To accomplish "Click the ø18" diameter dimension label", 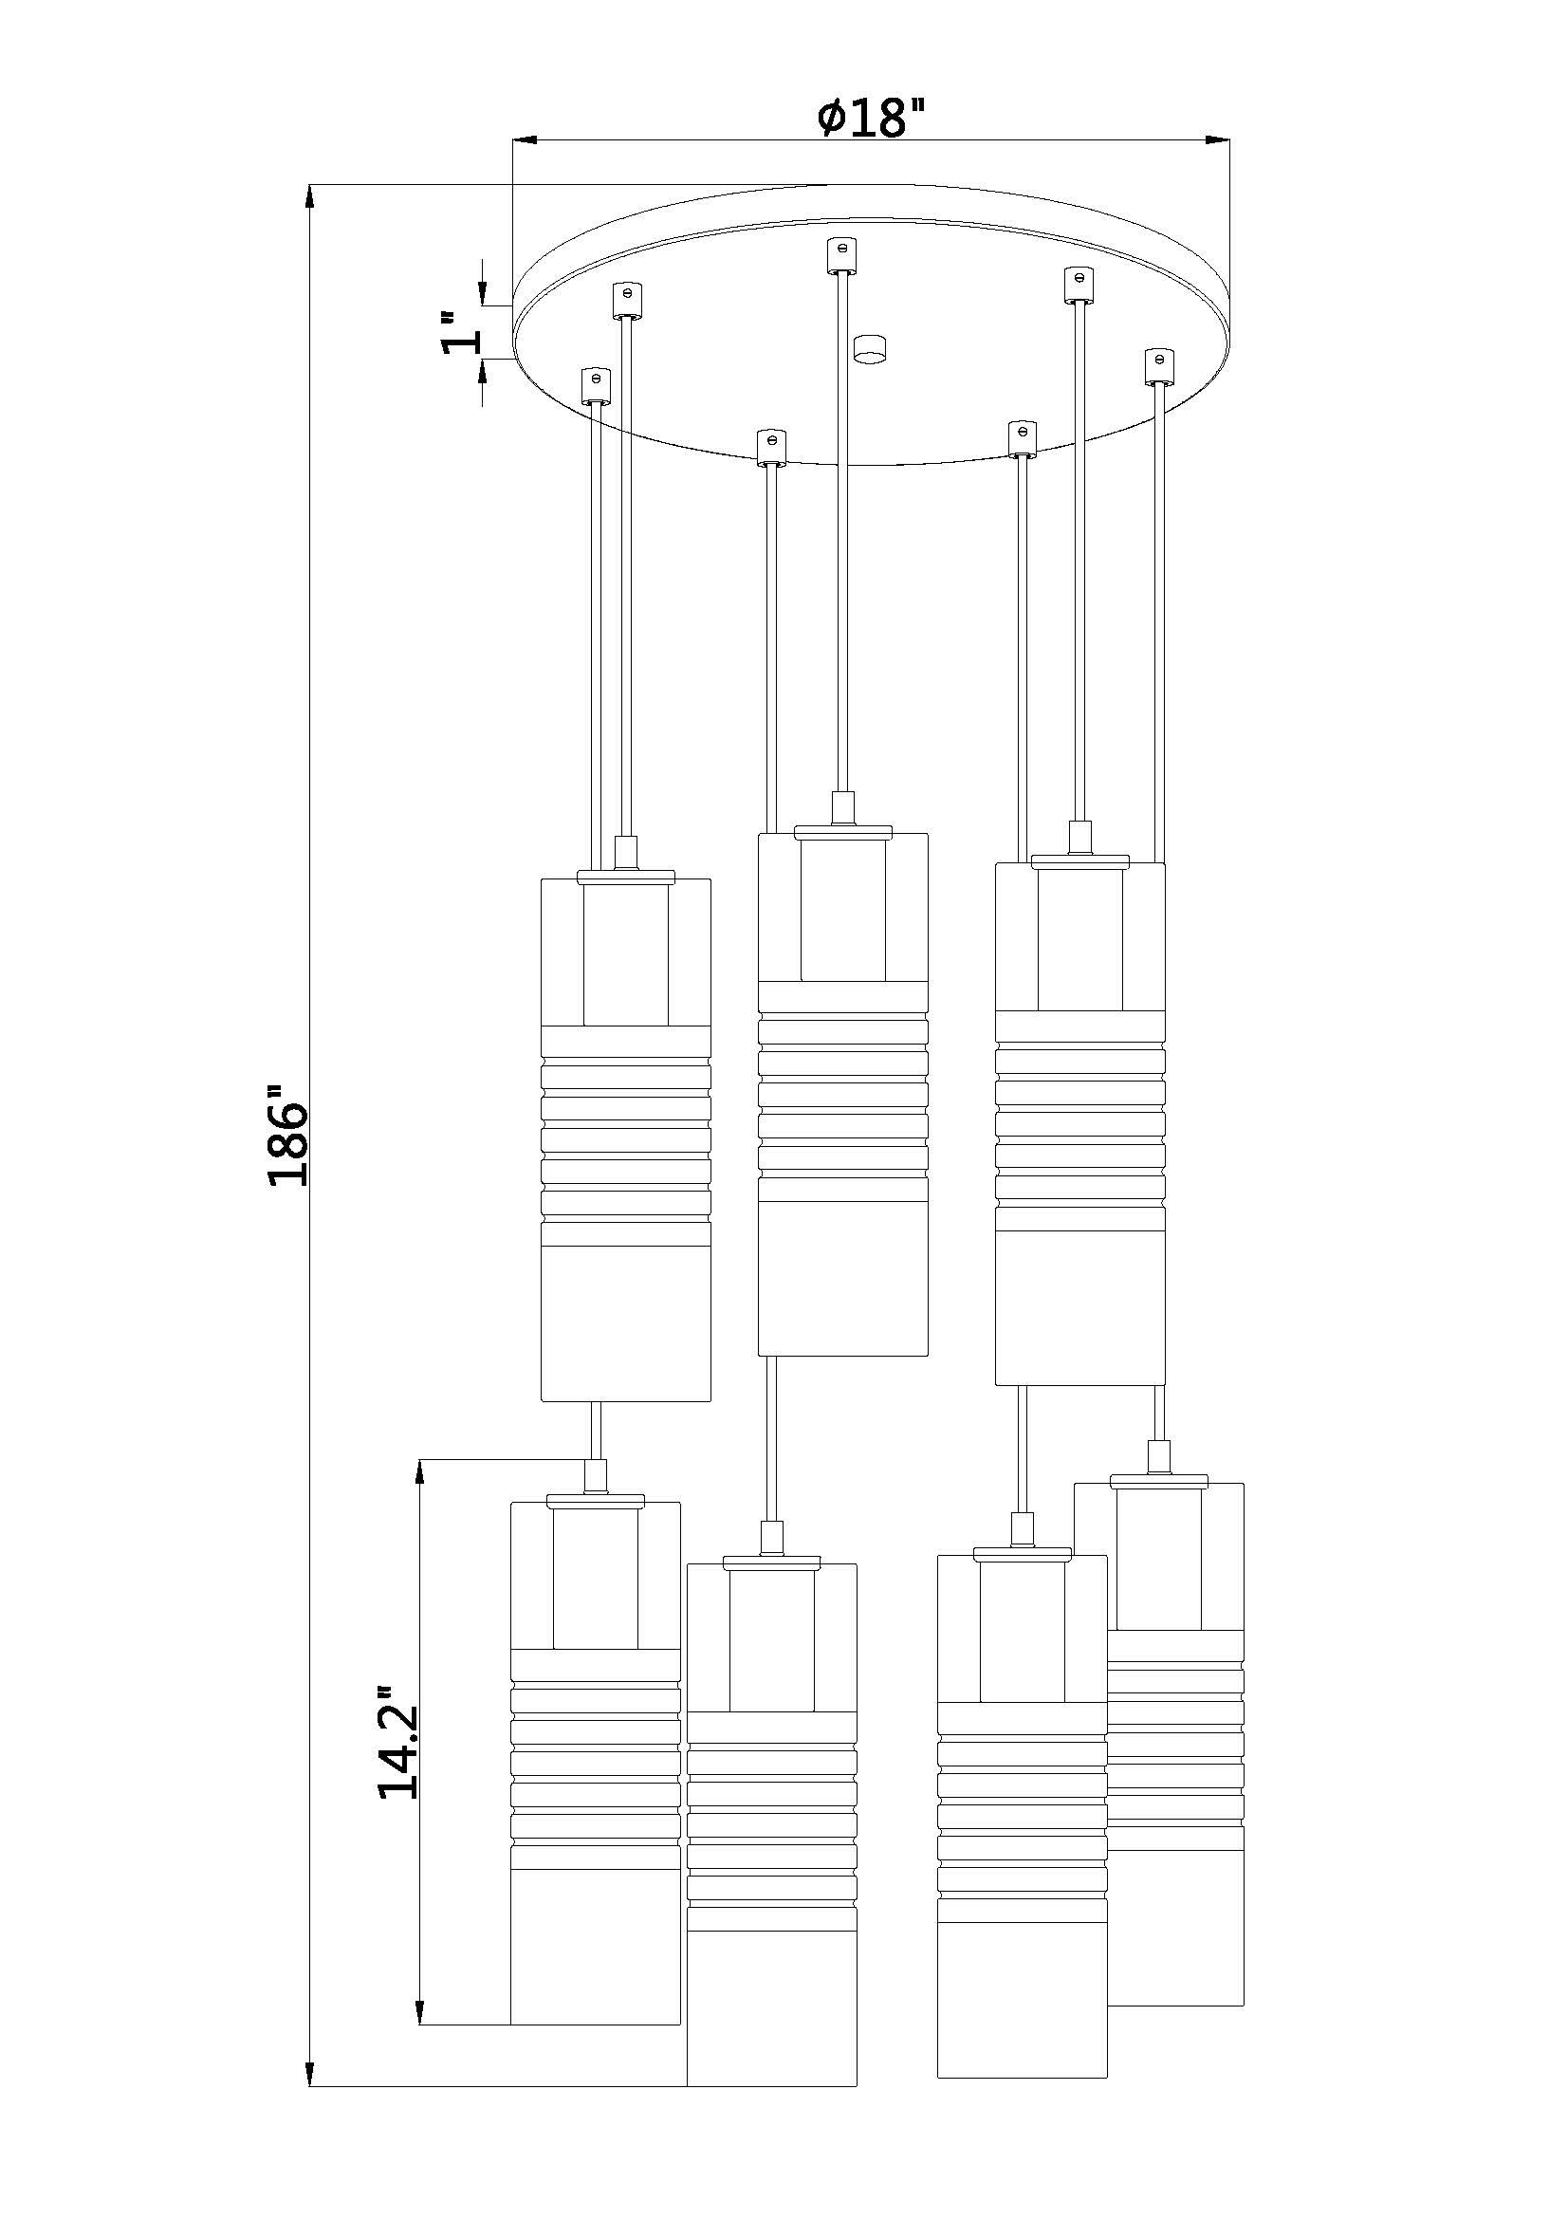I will point(870,119).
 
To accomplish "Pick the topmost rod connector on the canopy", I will point(843,255).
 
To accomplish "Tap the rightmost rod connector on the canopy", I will point(1159,366).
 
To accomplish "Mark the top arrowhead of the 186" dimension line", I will point(309,196).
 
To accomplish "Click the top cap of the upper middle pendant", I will point(843,829).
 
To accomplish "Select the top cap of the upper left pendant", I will point(625,876).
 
